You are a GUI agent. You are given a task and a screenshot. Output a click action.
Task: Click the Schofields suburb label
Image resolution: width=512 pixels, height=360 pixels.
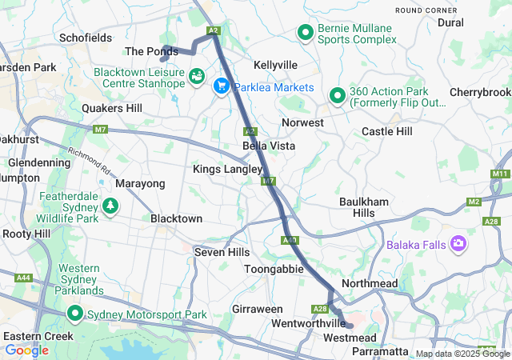[86, 38]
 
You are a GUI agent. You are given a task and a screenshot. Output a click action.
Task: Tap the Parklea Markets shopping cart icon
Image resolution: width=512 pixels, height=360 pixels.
[222, 84]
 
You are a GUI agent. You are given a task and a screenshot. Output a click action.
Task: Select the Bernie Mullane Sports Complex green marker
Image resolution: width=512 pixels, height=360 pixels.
[305, 33]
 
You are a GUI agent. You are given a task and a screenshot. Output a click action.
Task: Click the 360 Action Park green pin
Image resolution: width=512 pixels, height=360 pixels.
[337, 96]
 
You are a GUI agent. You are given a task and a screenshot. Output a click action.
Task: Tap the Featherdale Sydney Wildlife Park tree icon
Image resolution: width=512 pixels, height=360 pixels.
[110, 206]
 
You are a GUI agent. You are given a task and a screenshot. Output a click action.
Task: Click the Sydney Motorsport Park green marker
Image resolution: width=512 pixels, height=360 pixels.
[76, 313]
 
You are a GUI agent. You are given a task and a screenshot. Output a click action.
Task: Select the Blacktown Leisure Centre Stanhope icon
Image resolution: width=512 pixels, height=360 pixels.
[196, 77]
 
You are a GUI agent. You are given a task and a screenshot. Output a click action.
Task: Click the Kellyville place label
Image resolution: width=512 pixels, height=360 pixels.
[275, 64]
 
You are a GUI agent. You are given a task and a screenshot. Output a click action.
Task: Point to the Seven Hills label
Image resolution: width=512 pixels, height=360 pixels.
[222, 252]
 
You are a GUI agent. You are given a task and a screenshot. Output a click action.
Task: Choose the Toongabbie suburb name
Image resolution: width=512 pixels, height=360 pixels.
[274, 269]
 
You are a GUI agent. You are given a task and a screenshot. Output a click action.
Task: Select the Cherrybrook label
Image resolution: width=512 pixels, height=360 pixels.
[480, 92]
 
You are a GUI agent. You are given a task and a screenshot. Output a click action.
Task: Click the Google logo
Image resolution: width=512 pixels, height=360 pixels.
[26, 350]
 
